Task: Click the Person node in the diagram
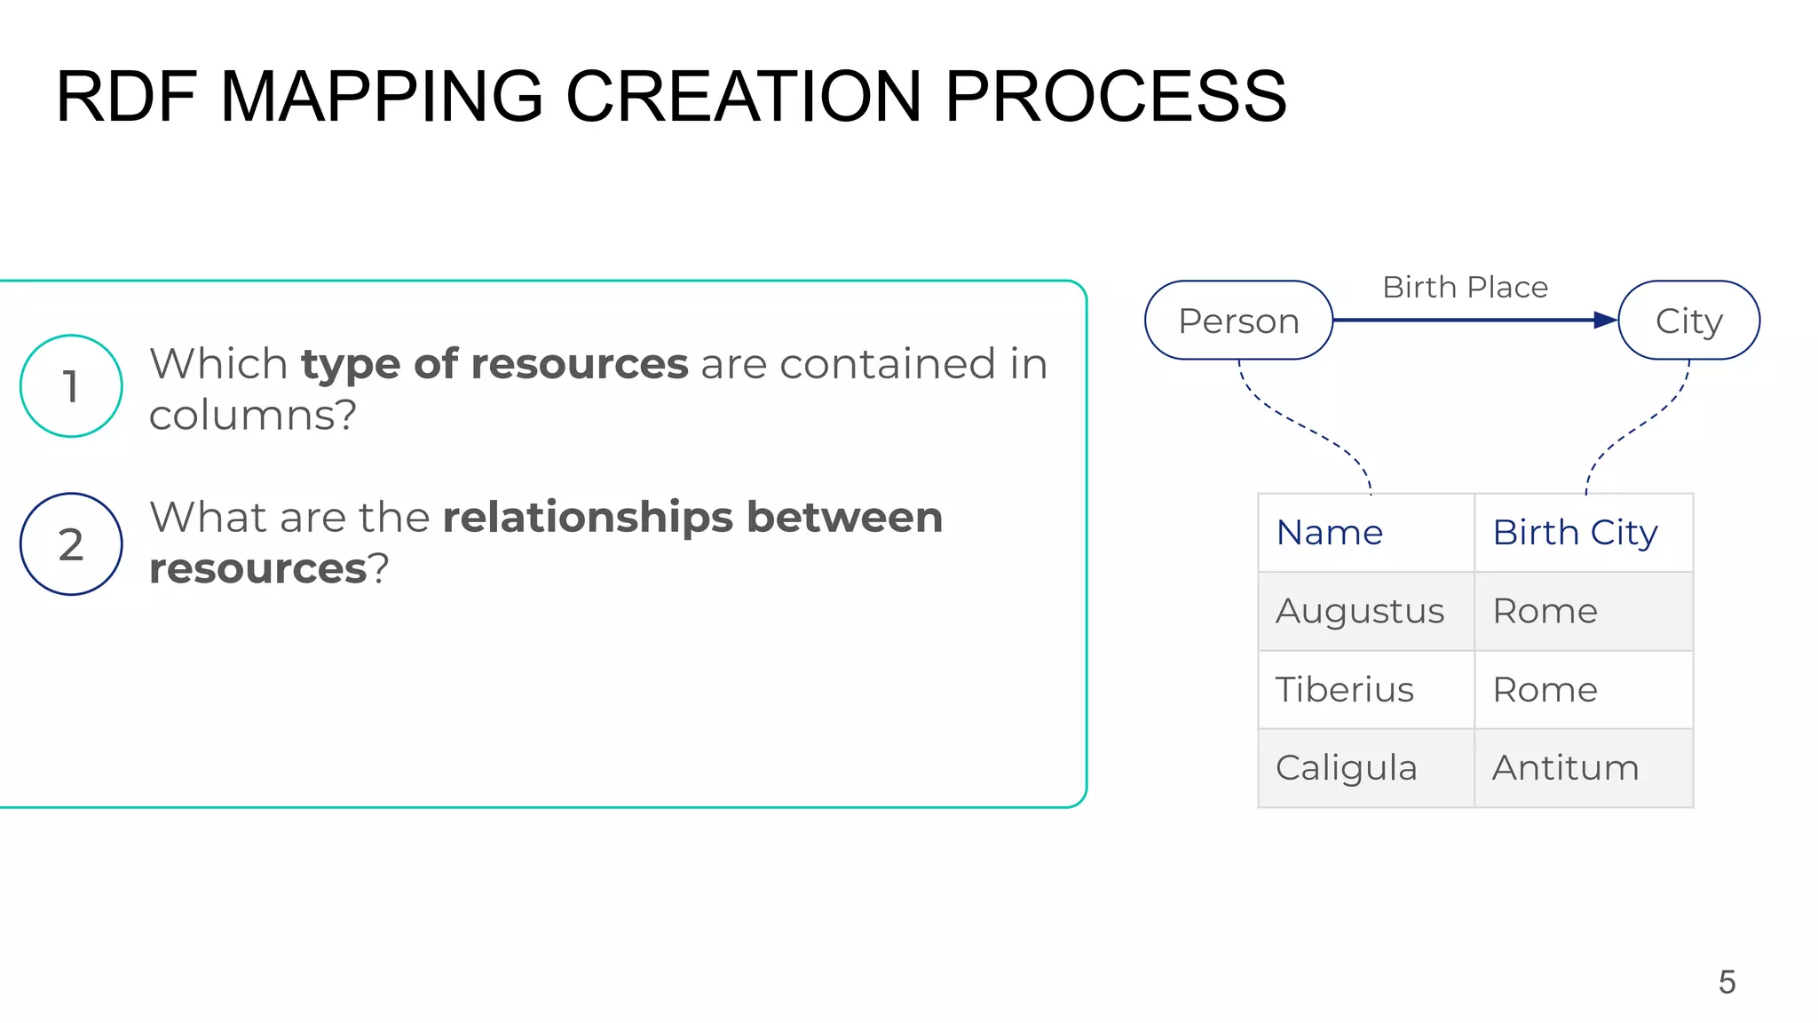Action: tap(1238, 321)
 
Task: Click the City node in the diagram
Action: tap(1688, 321)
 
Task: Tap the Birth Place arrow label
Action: tap(1465, 288)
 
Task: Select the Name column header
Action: tap(1329, 533)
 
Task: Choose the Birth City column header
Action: tap(1575, 533)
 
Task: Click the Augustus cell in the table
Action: tap(1359, 611)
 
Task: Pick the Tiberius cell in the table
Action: tap(1344, 690)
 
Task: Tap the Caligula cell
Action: tap(1346, 768)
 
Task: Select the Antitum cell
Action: tap(1565, 768)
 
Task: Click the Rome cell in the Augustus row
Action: tap(1545, 611)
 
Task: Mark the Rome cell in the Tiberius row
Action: tap(1545, 690)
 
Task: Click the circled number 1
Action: tap(71, 386)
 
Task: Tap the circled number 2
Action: tap(71, 544)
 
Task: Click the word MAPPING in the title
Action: tap(381, 97)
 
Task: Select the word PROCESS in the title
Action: tap(1115, 97)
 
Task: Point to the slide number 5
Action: tap(1727, 982)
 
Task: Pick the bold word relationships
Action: tap(588, 518)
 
